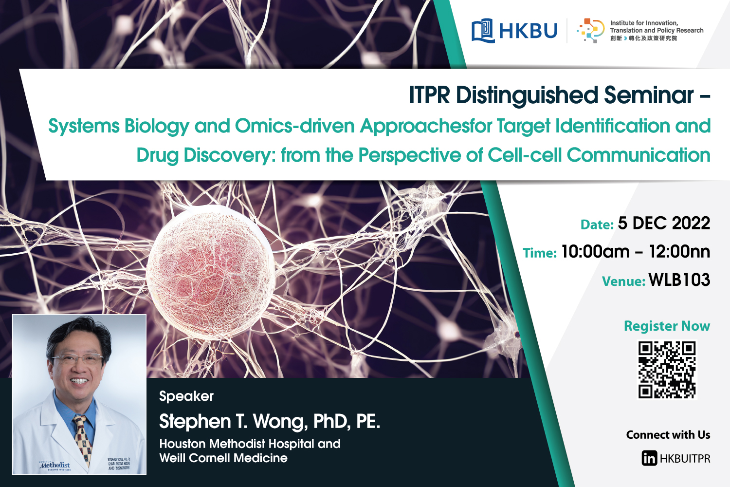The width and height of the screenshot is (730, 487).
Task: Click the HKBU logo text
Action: point(528,31)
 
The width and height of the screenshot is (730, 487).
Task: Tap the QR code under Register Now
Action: point(667,370)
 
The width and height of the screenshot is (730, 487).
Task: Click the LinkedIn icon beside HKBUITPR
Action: point(649,458)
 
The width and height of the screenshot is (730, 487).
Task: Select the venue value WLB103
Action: point(679,280)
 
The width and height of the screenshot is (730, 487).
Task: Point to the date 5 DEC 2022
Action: point(664,224)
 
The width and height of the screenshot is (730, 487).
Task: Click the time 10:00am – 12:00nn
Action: point(635,252)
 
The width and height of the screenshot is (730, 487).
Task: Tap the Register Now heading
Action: point(667,326)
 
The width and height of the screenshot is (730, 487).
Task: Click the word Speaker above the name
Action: point(186,396)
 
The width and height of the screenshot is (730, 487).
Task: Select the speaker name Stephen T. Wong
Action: point(234,422)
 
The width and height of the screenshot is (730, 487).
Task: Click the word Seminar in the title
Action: point(649,95)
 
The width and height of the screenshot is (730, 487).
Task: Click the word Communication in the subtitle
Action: point(638,155)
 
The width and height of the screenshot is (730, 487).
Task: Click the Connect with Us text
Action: point(668,435)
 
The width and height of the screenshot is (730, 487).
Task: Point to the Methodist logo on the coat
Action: point(55,465)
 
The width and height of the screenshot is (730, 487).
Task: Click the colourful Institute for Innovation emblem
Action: point(590,31)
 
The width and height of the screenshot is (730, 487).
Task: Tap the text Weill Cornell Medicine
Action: point(223,458)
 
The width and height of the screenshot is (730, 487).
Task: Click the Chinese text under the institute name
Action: point(643,38)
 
